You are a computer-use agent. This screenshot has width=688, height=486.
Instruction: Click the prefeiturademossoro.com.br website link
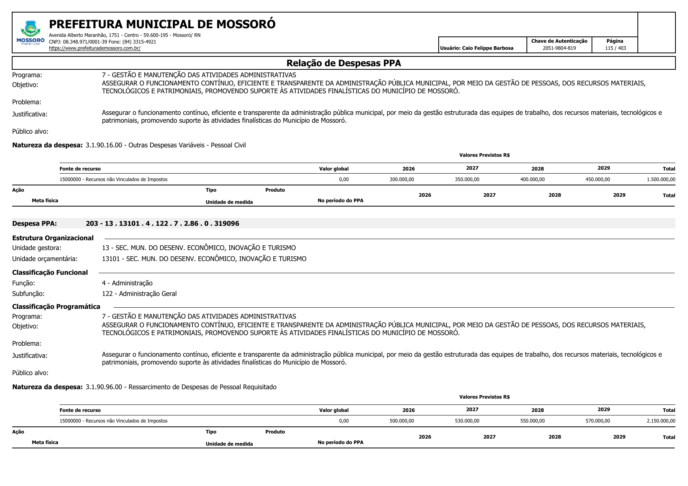pyautogui.click(x=94, y=48)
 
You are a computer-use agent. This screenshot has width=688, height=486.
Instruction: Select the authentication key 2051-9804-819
pyautogui.click(x=559, y=48)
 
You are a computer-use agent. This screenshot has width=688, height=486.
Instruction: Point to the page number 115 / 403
pyautogui.click(x=615, y=48)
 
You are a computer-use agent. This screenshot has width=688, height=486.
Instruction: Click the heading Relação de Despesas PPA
pyautogui.click(x=343, y=63)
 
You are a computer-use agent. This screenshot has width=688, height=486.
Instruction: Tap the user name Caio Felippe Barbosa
pyautogui.click(x=487, y=48)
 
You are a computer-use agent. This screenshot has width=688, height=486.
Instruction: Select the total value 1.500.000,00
pyautogui.click(x=661, y=180)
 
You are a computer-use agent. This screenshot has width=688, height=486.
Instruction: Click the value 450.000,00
pyautogui.click(x=597, y=180)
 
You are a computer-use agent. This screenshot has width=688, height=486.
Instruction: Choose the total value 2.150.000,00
pyautogui.click(x=661, y=421)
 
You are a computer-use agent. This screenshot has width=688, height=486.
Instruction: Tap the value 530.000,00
pyautogui.click(x=467, y=421)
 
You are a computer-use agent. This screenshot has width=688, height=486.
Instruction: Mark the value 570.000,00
pyautogui.click(x=597, y=421)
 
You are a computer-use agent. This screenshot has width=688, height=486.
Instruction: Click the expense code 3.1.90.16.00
pyautogui.click(x=104, y=145)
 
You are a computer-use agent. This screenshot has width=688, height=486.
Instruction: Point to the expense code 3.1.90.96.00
pyautogui.click(x=104, y=387)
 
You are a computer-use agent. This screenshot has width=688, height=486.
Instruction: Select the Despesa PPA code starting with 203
pyautogui.click(x=162, y=224)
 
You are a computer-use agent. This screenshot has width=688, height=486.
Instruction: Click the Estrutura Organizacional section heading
pyautogui.click(x=53, y=238)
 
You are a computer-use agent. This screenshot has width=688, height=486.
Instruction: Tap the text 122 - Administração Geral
pyautogui.click(x=139, y=294)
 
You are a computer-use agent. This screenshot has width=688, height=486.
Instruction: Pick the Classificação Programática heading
pyautogui.click(x=56, y=307)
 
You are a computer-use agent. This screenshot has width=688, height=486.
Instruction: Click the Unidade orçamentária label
pyautogui.click(x=45, y=259)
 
